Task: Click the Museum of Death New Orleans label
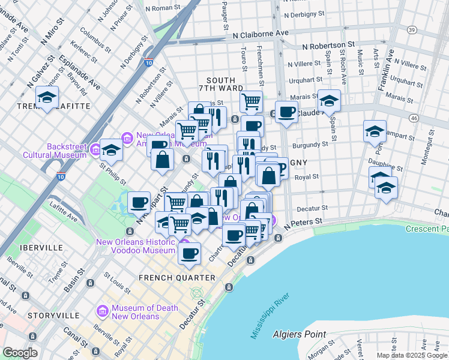click(136, 312)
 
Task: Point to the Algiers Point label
click(299, 334)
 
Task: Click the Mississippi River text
click(270, 316)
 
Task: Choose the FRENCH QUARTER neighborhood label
click(176, 278)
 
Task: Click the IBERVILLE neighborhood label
click(41, 247)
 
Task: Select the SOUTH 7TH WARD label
click(224, 84)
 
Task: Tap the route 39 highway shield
click(411, 30)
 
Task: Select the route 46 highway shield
click(414, 119)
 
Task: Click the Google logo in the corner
click(19, 353)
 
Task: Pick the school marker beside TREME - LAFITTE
click(47, 97)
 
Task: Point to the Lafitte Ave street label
click(64, 212)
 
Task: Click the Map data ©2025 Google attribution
click(412, 355)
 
